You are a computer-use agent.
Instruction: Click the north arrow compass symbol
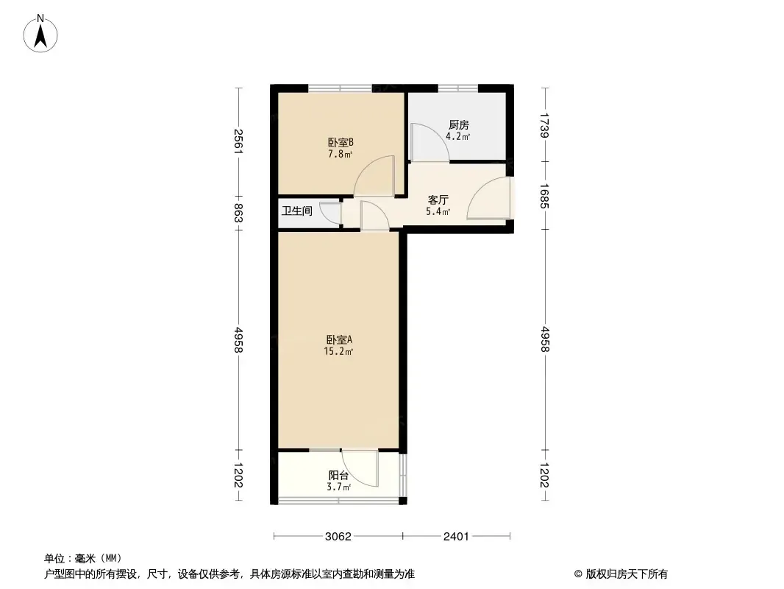(x=40, y=34)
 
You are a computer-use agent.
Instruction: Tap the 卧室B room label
(x=341, y=142)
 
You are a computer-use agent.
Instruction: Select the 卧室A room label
(x=339, y=339)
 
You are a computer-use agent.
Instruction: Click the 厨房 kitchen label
(x=458, y=124)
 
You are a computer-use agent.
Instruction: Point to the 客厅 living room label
(x=438, y=200)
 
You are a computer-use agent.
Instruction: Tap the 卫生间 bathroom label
(x=297, y=211)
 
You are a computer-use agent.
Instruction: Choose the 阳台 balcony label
(x=338, y=475)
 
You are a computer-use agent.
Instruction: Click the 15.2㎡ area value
(x=338, y=351)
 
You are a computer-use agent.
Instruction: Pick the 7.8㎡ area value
(x=340, y=154)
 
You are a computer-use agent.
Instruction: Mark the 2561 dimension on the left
(x=238, y=141)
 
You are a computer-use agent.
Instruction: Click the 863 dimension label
(x=238, y=214)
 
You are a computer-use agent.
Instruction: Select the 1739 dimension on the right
(x=544, y=124)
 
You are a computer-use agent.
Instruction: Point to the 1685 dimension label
(x=544, y=196)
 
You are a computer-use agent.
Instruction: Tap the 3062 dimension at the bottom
(x=338, y=537)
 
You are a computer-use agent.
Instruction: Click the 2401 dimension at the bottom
(x=457, y=537)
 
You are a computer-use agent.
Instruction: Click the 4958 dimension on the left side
(x=238, y=340)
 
